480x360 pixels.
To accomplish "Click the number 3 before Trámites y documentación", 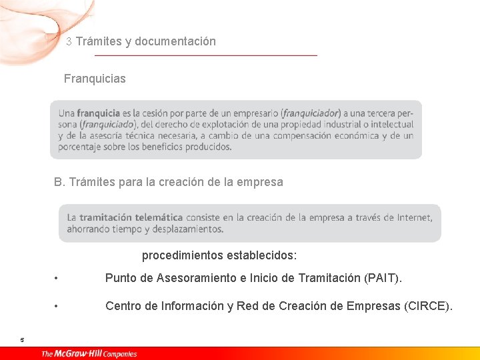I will pos(69,41).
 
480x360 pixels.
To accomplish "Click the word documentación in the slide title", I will pos(175,41).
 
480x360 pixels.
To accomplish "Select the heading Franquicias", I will pos(95,79).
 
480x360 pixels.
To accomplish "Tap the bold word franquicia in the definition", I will pos(98,113).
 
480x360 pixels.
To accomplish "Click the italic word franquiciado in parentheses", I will pos(107,125).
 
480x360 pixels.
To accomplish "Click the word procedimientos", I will pos(183,255).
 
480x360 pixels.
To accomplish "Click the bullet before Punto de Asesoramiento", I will pos(58,278).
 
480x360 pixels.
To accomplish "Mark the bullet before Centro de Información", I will pos(58,307).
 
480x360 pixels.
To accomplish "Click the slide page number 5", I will pos(22,340).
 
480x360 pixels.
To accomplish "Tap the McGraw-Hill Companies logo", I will pos(89,353).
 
